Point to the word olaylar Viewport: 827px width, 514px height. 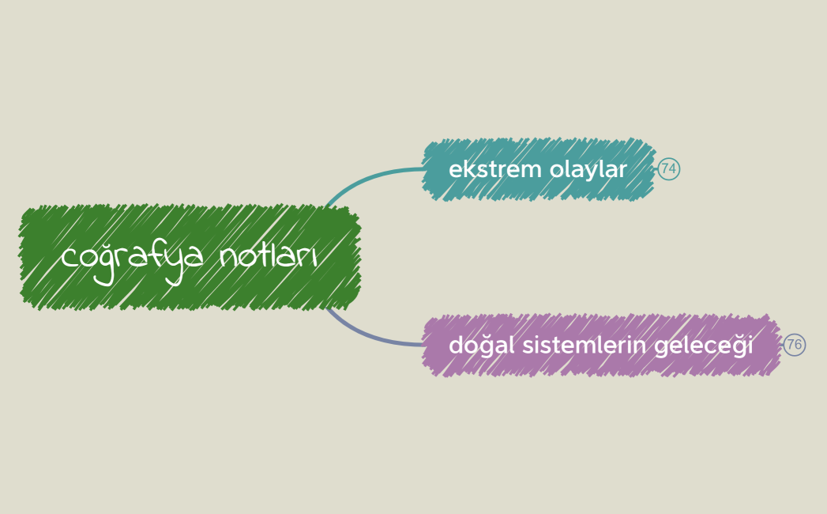pos(588,169)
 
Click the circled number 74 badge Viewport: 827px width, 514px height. pos(669,169)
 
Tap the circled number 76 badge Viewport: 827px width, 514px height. pos(795,345)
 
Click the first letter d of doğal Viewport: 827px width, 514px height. pos(455,346)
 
